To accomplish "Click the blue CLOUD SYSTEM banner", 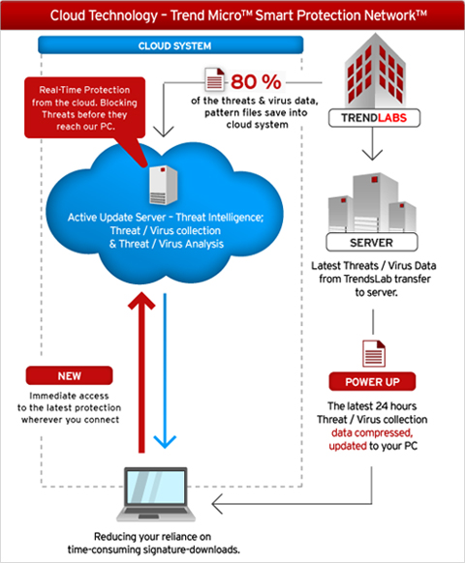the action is (170, 45).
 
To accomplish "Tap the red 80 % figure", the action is (256, 82).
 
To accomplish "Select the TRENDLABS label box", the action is (374, 118).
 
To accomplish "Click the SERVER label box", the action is (371, 243).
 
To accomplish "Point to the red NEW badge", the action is (69, 375).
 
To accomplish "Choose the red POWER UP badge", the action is (372, 381).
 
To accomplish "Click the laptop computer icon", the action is (156, 494).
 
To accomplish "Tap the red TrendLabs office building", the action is (375, 71).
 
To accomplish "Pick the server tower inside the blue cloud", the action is (164, 185).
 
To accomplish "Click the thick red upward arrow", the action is (141, 371).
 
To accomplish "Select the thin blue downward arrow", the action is (165, 370).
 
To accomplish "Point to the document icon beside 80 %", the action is (215, 79).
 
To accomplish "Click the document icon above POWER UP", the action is (374, 353).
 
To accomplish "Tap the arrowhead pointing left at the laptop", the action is (218, 504).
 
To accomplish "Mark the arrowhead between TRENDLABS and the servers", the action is (372, 155).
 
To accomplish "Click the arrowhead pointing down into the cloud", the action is (164, 132).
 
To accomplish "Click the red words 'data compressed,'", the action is (372, 432).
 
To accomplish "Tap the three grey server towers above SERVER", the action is (372, 202).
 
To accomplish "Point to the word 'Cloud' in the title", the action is (68, 15).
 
